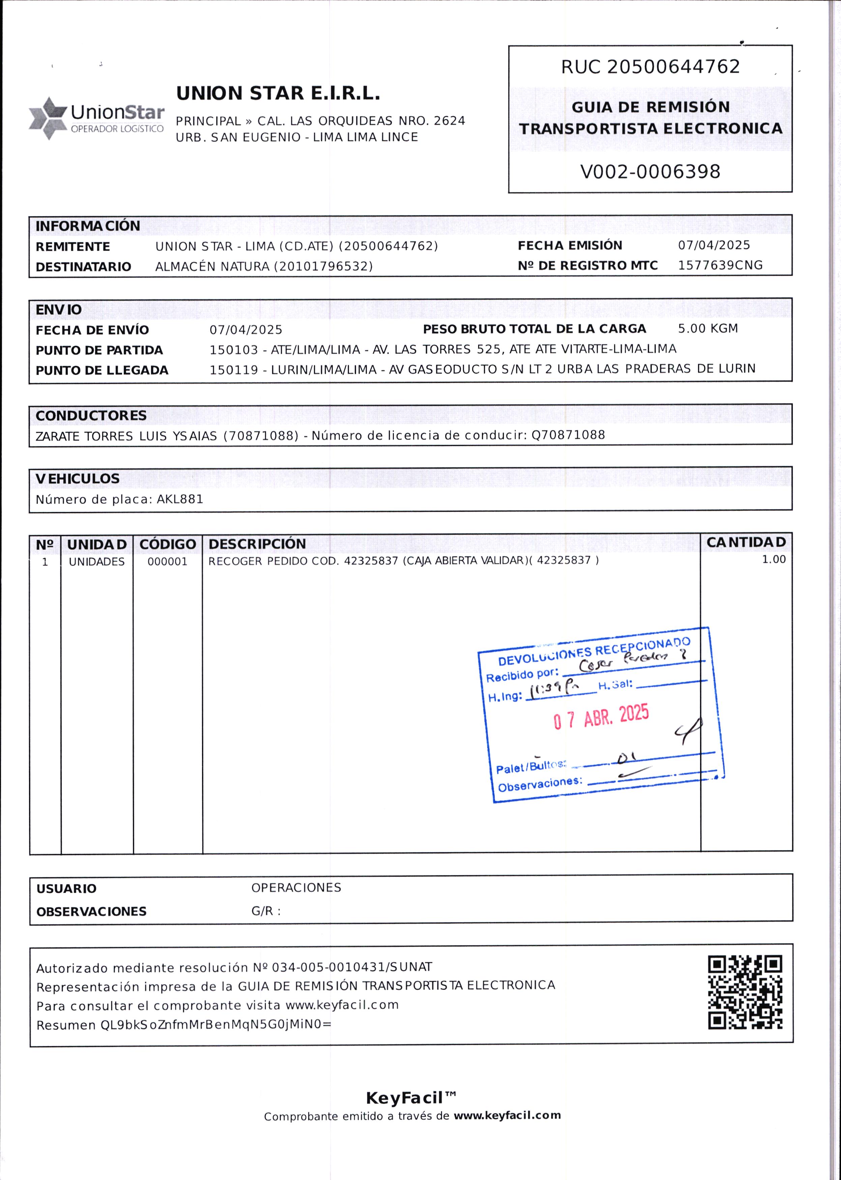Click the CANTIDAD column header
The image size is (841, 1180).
(x=746, y=542)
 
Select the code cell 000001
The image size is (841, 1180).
(x=167, y=562)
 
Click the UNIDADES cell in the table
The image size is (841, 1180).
(x=97, y=562)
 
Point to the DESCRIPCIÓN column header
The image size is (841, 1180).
(x=257, y=544)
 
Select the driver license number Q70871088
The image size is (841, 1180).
(x=568, y=435)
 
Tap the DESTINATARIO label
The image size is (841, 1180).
(x=83, y=267)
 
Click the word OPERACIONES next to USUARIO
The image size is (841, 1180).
(x=296, y=888)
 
